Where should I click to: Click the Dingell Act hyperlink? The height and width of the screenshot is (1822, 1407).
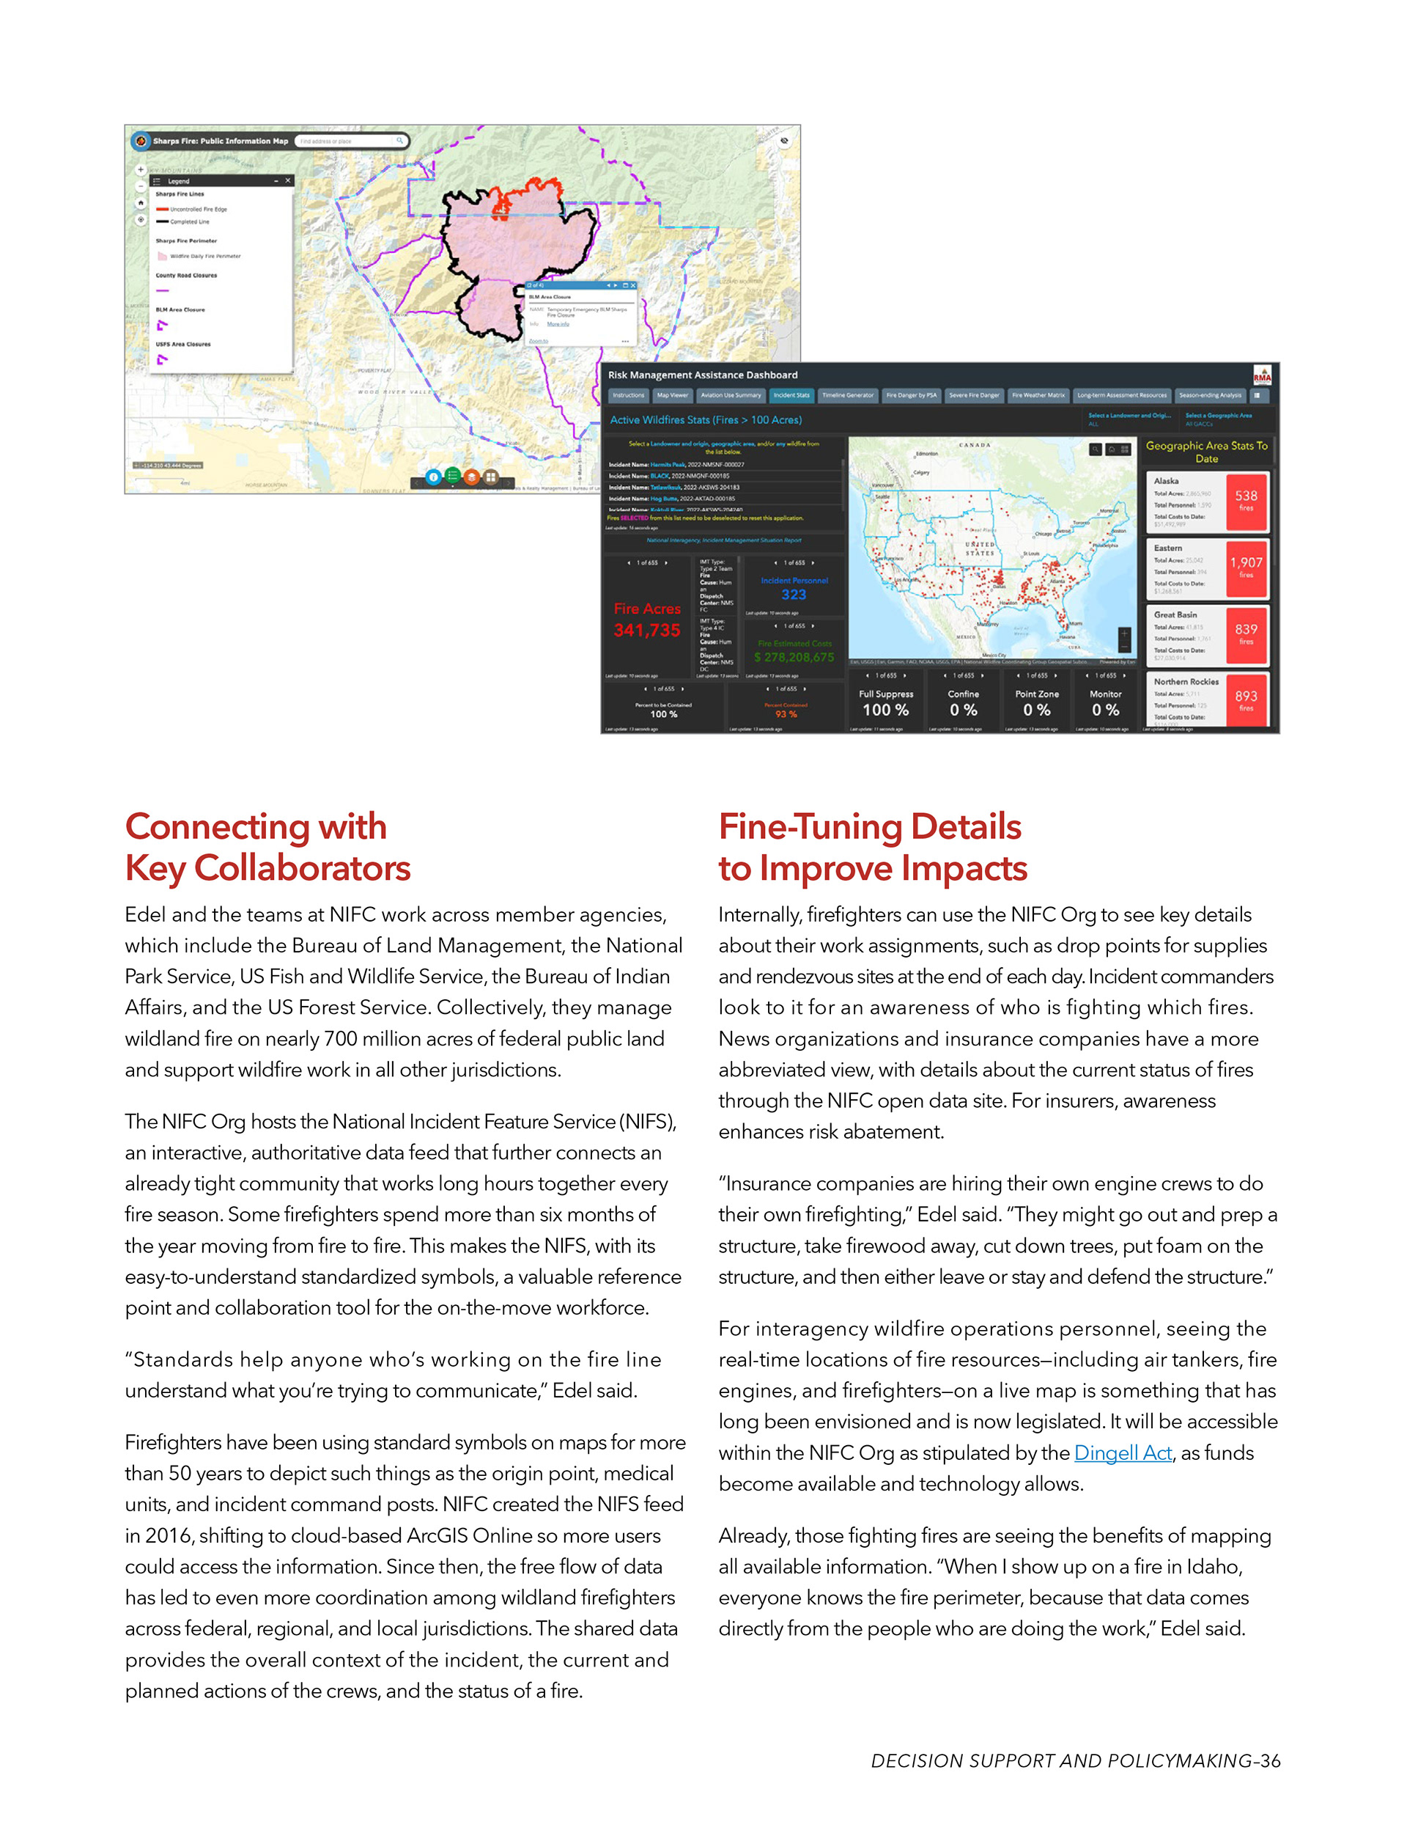[x=1123, y=1452]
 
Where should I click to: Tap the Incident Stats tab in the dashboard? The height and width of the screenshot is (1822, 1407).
[x=791, y=395]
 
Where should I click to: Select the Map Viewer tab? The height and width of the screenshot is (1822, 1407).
[x=672, y=395]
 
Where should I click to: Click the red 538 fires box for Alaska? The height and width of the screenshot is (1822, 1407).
[x=1246, y=502]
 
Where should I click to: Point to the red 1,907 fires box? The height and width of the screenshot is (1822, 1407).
[x=1246, y=567]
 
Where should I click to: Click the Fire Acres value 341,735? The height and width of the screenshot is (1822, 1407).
[x=647, y=631]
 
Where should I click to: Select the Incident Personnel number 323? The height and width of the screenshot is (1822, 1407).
[x=794, y=595]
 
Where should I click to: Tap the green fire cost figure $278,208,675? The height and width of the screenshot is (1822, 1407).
[x=794, y=658]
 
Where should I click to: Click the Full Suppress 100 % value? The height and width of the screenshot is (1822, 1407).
[x=886, y=710]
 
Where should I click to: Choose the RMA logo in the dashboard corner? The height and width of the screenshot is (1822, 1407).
[x=1262, y=375]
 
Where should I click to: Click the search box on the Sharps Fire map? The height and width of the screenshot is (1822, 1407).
[x=346, y=141]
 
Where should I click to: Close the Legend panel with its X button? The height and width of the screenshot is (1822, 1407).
[x=288, y=180]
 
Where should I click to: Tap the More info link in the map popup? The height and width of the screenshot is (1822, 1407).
[x=558, y=323]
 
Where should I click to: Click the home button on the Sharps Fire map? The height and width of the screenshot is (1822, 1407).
[x=141, y=202]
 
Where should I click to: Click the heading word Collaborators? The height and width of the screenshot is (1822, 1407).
[x=302, y=868]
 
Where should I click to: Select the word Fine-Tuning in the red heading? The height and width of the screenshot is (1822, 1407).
[x=810, y=827]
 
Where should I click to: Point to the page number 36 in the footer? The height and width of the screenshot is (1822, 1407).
[x=1270, y=1760]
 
